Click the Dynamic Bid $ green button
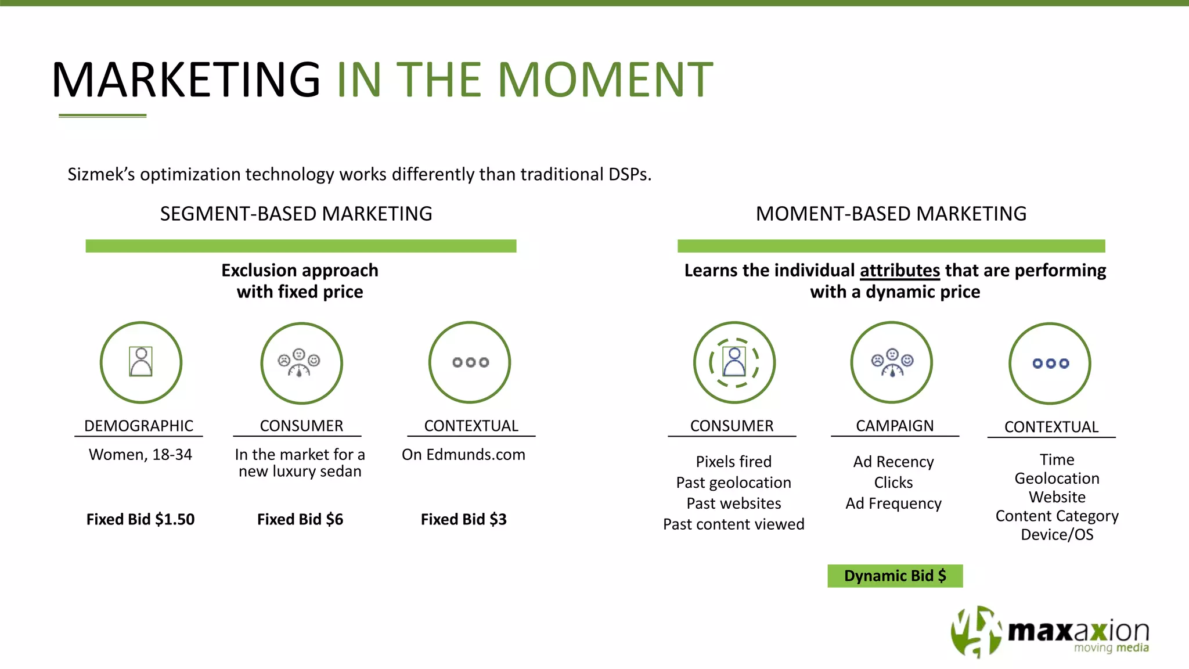coord(895,576)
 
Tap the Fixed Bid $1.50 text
coord(140,519)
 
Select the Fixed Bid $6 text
coord(300,519)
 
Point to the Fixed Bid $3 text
coord(463,519)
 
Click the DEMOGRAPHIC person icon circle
coord(141,362)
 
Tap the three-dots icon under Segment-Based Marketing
coord(470,362)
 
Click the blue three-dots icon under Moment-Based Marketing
coord(1050,364)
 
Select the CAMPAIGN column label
coord(895,426)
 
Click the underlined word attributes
coord(899,271)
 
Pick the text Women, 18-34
coord(140,455)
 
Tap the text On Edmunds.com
coord(463,455)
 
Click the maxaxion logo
coord(1050,632)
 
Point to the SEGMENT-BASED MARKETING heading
coord(296,214)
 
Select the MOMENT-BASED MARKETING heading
coord(891,214)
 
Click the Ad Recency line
coord(893,462)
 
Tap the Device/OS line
coord(1057,534)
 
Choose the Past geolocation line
coord(733,483)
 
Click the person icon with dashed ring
coord(734,362)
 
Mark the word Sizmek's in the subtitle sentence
coord(101,174)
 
